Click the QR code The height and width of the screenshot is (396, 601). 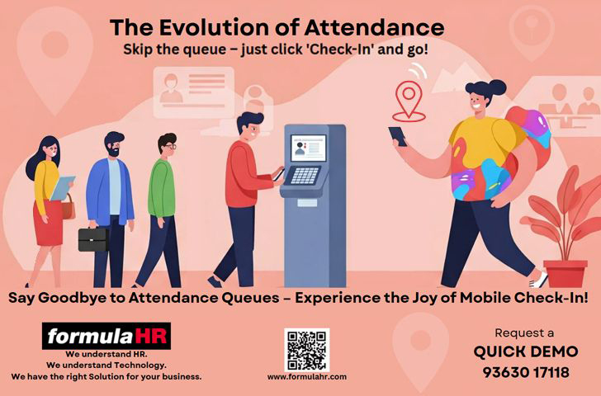(x=306, y=349)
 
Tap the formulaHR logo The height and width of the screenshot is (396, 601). (x=106, y=337)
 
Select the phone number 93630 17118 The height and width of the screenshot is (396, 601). (x=526, y=372)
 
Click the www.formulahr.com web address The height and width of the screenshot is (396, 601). (x=307, y=377)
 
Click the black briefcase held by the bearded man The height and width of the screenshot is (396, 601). (x=93, y=239)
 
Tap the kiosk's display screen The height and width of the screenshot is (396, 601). (x=308, y=148)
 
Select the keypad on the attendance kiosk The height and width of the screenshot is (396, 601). (x=305, y=176)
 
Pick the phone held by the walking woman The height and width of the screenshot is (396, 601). (x=397, y=136)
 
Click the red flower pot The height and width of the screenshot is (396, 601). (x=566, y=274)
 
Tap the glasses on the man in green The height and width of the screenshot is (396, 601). (x=171, y=146)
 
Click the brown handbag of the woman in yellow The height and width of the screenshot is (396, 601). (x=69, y=209)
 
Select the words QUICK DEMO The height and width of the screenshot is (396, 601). (x=526, y=351)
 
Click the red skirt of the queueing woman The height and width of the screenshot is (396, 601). (x=48, y=224)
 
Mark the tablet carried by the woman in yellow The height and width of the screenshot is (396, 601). (x=62, y=188)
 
